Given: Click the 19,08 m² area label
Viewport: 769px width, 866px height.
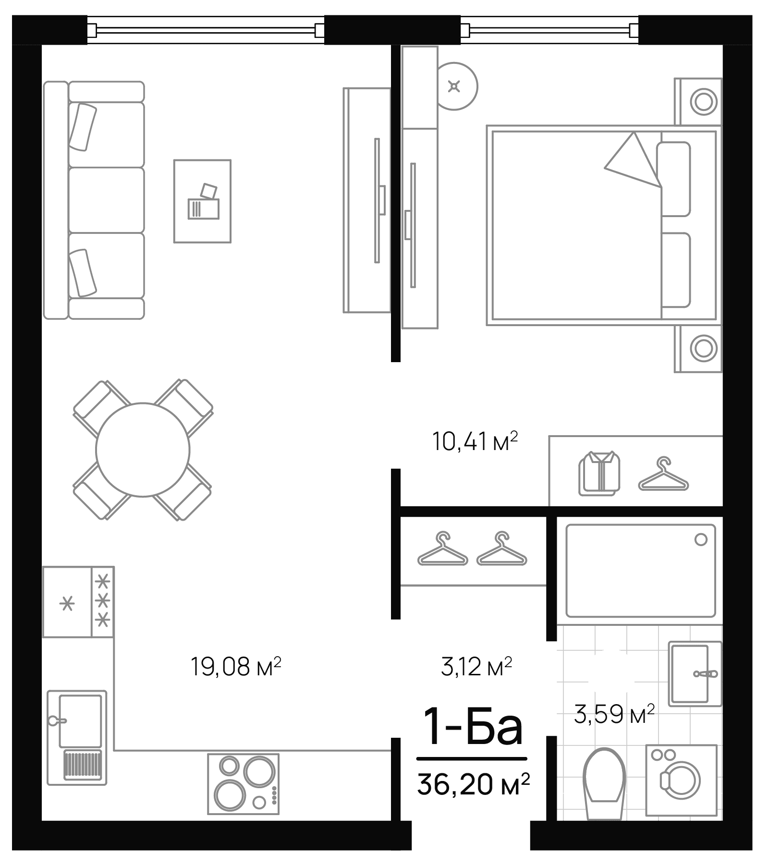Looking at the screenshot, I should pos(235,667).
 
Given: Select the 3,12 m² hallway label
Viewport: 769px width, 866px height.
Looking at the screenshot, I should pos(476,667).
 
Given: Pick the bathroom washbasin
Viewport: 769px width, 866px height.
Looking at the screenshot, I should pos(690,673).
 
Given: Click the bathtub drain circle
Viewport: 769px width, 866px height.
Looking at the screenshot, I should pos(701,539).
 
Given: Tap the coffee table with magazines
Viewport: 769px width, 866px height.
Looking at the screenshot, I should pos(202,201).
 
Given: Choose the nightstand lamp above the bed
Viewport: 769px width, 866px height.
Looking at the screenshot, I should pos(703,102).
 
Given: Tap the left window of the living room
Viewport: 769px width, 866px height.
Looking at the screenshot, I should pos(206,30).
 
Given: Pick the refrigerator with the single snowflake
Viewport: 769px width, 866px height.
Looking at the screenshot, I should pos(67,602).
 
